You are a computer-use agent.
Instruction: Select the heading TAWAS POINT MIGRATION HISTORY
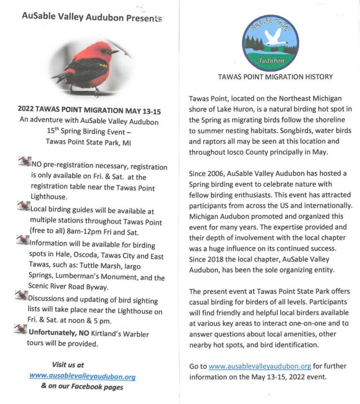(275, 77)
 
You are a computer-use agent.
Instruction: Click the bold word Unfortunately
(53, 333)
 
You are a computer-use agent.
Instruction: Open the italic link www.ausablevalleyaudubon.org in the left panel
(82, 375)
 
